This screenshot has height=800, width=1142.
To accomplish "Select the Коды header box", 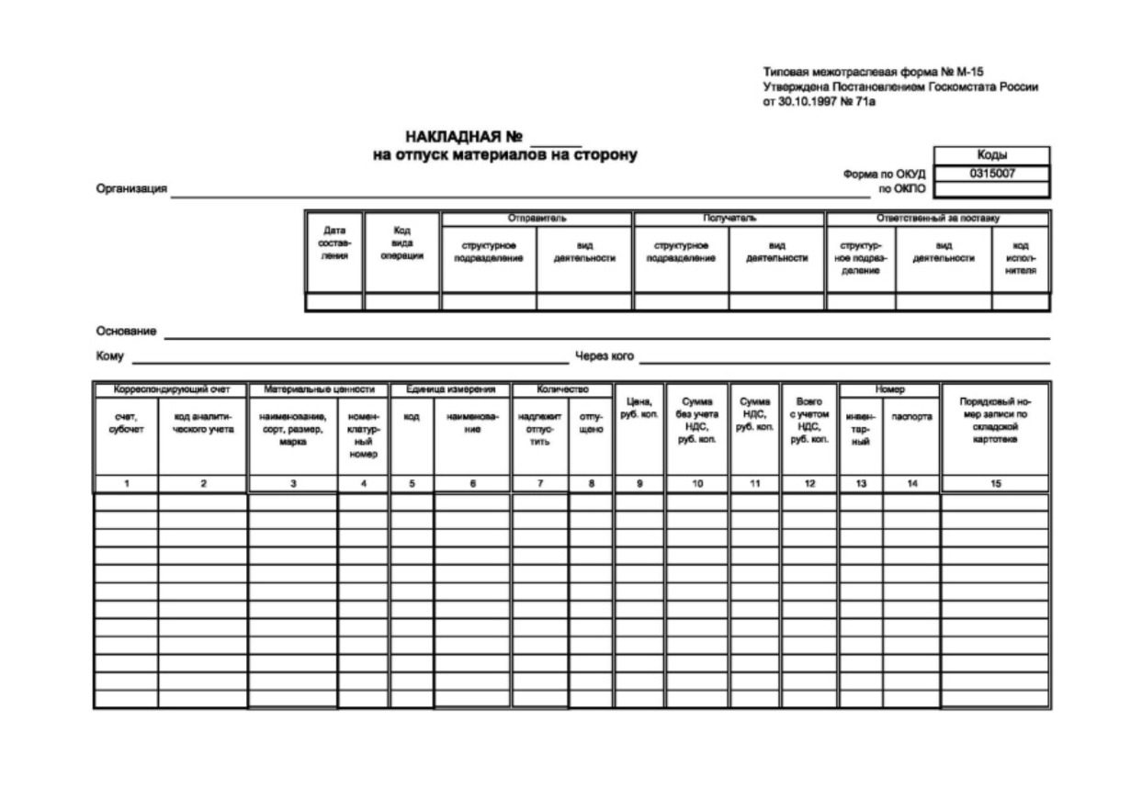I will click(991, 156).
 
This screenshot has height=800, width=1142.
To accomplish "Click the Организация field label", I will click(130, 189).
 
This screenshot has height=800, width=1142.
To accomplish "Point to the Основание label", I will click(126, 331).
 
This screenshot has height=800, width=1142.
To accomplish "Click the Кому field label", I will click(110, 355).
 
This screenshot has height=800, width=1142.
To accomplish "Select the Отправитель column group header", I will click(537, 219).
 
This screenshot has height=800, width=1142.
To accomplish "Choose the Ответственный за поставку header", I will click(937, 219).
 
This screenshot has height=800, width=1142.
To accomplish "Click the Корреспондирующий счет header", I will click(170, 390).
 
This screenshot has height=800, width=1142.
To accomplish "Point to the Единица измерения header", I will click(450, 390).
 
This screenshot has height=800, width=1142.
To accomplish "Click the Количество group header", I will click(561, 390).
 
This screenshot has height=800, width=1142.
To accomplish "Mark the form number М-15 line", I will click(873, 73).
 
